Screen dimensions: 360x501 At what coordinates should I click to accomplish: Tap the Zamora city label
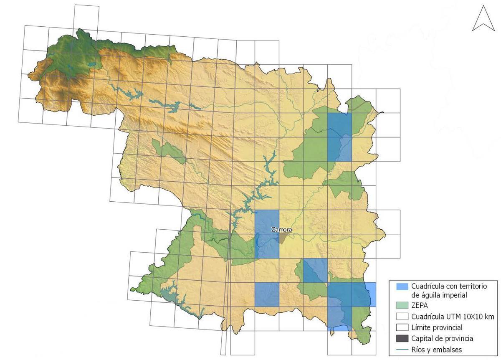(281, 230)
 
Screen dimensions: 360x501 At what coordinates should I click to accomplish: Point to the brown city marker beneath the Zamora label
(283, 238)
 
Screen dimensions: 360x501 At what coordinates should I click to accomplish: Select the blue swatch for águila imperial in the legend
(402, 286)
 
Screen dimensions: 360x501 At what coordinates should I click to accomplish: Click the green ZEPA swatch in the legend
(402, 306)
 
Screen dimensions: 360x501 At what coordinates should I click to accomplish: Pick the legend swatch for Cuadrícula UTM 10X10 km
(402, 317)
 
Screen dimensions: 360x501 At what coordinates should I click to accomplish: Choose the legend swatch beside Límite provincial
(402, 327)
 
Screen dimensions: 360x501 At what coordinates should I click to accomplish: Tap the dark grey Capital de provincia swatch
(402, 338)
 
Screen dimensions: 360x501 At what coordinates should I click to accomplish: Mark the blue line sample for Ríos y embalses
(402, 349)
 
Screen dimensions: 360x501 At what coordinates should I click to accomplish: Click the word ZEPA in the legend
(420, 306)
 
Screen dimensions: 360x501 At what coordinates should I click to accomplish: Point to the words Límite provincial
(437, 327)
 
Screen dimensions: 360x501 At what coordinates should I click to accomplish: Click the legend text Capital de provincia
(442, 338)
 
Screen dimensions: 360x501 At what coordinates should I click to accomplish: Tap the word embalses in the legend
(447, 349)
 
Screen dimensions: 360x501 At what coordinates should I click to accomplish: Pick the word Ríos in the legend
(418, 349)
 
